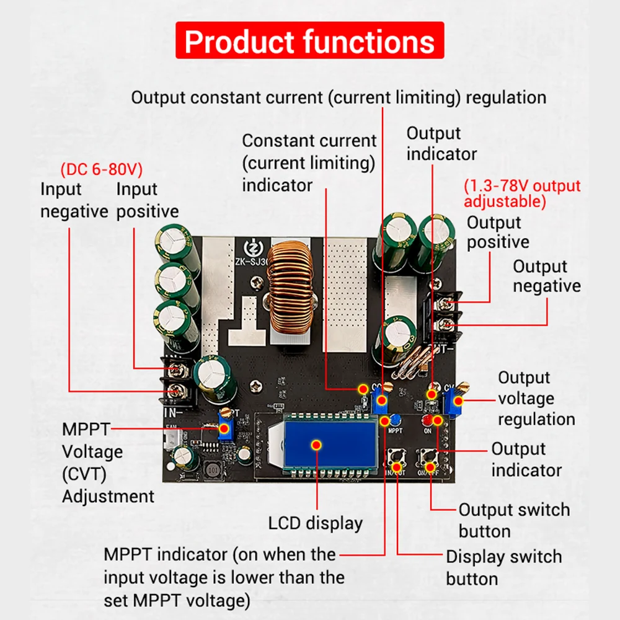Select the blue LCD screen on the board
click(316, 445)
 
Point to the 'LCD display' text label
click(315, 523)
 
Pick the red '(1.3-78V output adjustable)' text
click(522, 193)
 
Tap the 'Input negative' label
click(74, 200)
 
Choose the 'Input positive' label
click(147, 200)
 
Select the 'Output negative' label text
click(546, 276)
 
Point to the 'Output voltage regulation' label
click(536, 398)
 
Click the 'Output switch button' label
click(513, 520)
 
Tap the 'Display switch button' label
click(503, 567)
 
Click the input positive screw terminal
click(178, 370)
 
